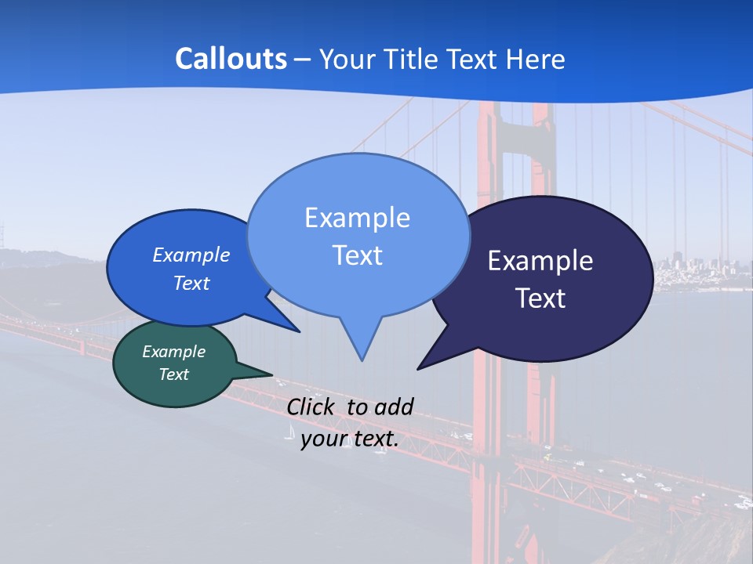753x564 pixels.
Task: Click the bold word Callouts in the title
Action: pyautogui.click(x=231, y=59)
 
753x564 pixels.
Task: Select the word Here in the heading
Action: pyautogui.click(x=536, y=59)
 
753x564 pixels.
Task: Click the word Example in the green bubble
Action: pyautogui.click(x=173, y=352)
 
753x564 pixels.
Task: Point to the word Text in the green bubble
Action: pyautogui.click(x=173, y=374)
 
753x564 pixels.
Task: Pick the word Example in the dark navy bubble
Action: pyautogui.click(x=540, y=261)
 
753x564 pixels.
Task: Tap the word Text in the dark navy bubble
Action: pyautogui.click(x=540, y=298)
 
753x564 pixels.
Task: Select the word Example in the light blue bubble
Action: pyautogui.click(x=357, y=218)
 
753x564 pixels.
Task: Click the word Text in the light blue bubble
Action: pyautogui.click(x=357, y=255)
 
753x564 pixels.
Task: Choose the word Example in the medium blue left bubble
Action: pyautogui.click(x=191, y=255)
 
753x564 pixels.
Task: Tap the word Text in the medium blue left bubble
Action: pyautogui.click(x=191, y=283)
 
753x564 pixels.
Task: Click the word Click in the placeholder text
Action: pyautogui.click(x=311, y=407)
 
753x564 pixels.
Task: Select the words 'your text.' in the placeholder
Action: pyautogui.click(x=350, y=439)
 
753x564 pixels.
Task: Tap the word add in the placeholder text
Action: pyautogui.click(x=394, y=407)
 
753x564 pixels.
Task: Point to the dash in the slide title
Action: pyautogui.click(x=302, y=60)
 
